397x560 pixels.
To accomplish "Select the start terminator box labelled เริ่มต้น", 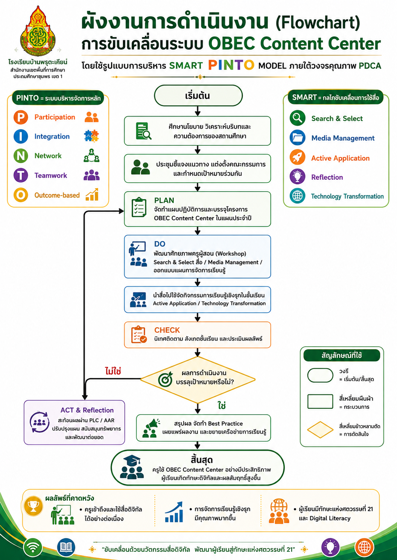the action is tap(198, 95).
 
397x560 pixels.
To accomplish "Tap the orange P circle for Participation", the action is tap(21, 117).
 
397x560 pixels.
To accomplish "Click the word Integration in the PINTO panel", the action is tap(52, 136).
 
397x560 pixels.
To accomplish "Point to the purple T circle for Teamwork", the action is tap(21, 175).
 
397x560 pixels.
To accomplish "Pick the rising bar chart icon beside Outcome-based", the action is tap(92, 195).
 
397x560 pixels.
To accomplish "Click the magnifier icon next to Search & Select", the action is tap(297, 118).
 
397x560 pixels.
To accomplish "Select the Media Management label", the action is tap(343, 138).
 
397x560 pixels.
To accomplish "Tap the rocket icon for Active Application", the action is tap(297, 157).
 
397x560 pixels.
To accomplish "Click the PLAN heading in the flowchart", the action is tap(164, 201).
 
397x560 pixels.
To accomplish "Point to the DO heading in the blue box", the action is tap(160, 244).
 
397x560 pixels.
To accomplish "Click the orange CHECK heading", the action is tap(167, 330).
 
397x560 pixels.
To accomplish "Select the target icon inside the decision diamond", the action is tap(165, 379).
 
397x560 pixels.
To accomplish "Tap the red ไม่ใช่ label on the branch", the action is tap(113, 371).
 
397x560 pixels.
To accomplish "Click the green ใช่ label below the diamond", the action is tap(222, 406).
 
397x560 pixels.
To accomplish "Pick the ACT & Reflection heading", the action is tap(87, 410).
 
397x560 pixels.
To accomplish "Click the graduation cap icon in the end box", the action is tap(132, 460).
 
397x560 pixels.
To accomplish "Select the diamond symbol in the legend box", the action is tap(320, 430).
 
